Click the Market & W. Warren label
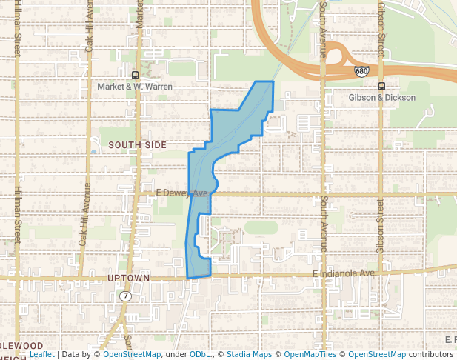click(x=135, y=87)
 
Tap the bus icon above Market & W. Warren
click(x=135, y=75)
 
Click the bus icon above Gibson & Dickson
click(x=381, y=85)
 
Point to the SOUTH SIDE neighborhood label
click(x=138, y=145)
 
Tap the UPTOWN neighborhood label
click(x=129, y=279)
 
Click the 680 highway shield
click(x=361, y=71)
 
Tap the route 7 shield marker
click(x=126, y=296)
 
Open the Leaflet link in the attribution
click(x=41, y=355)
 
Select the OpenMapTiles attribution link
click(x=312, y=355)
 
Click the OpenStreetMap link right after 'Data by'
click(x=132, y=355)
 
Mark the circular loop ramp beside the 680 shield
click(x=338, y=56)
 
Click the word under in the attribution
click(x=176, y=355)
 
